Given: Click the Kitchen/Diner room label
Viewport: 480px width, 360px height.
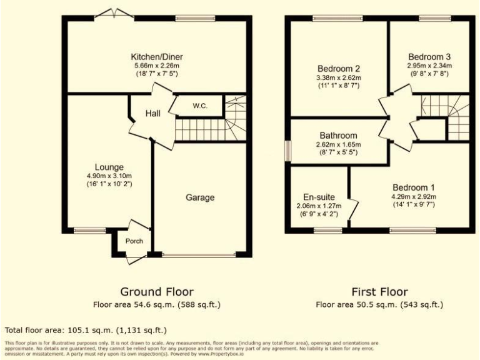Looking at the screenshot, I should [x=157, y=57].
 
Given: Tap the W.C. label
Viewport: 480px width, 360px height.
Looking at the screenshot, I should [x=199, y=106].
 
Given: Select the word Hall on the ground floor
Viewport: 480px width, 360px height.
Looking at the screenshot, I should [x=153, y=113].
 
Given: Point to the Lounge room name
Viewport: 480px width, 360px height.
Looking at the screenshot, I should [x=109, y=167].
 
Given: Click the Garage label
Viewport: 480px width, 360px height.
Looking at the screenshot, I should [x=200, y=197].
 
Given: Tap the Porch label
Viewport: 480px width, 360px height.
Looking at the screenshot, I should [x=134, y=241].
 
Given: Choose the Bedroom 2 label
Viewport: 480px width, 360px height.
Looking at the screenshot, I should [x=339, y=68].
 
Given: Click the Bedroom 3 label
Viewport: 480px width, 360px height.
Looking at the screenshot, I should [x=429, y=56].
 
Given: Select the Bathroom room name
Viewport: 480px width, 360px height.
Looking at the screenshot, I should [x=338, y=136].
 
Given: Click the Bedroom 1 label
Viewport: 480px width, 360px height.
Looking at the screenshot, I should [x=414, y=187].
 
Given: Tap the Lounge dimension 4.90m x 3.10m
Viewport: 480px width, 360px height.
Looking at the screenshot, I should [x=109, y=176].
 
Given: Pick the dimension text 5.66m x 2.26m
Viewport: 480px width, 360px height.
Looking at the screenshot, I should [x=157, y=66].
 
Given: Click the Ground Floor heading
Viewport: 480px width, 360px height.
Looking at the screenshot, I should [x=157, y=292].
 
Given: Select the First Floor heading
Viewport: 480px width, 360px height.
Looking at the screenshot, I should [x=379, y=292].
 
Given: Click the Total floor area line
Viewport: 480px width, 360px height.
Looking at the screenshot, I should [x=86, y=329].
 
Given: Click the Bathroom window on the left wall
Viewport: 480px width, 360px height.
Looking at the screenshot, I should [x=288, y=151].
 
